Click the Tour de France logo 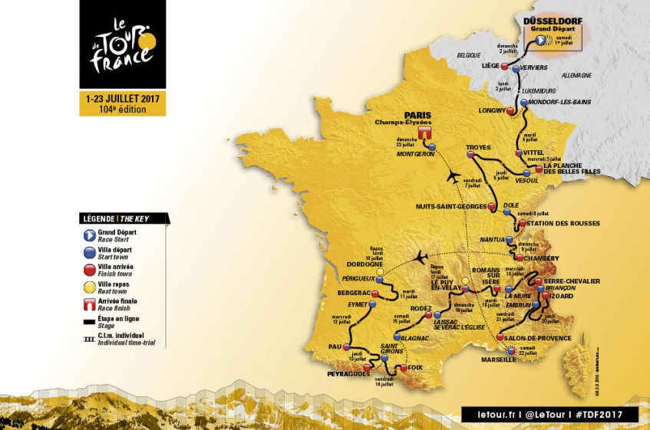tap(123, 44)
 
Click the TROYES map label tap(478, 147)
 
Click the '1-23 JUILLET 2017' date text tap(123, 98)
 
